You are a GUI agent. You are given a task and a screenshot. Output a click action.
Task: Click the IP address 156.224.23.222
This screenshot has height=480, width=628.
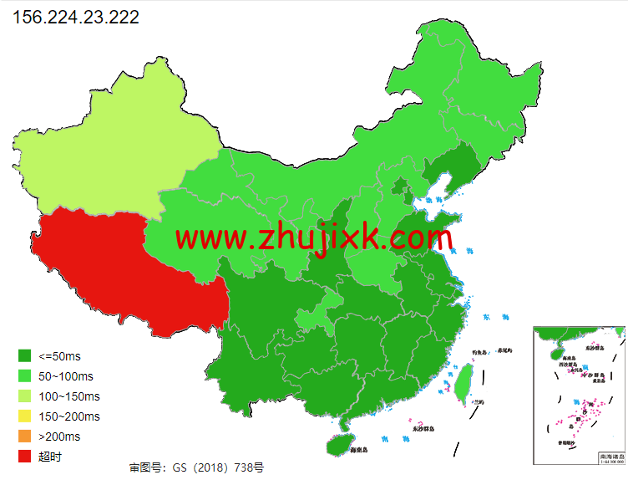coord(76,17)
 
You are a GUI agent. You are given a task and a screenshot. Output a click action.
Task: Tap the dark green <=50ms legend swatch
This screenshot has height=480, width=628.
coord(24,356)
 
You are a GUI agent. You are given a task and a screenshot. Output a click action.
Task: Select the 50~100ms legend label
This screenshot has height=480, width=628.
coord(67,376)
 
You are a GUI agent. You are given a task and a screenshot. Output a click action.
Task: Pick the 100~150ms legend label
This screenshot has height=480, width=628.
coord(69,396)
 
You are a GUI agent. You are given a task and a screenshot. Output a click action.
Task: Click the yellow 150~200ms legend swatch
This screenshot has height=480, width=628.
coord(24,416)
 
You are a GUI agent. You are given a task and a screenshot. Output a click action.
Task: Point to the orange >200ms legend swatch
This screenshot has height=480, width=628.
coord(24,437)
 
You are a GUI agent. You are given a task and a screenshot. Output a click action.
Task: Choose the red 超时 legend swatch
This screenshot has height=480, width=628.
coord(24,457)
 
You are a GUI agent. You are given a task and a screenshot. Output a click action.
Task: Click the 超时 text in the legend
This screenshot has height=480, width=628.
coord(50,457)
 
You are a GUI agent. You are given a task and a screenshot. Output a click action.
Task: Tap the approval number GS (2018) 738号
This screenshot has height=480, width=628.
coord(196,467)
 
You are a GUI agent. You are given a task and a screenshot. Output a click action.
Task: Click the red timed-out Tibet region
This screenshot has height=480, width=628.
coord(125,268)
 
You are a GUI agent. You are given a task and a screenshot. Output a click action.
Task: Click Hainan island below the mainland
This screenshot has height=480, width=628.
coord(340,443)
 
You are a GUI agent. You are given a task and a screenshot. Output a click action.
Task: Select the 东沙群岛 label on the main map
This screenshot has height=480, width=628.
coord(423,429)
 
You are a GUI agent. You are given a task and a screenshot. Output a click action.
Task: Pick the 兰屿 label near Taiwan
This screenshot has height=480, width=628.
coord(479,401)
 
